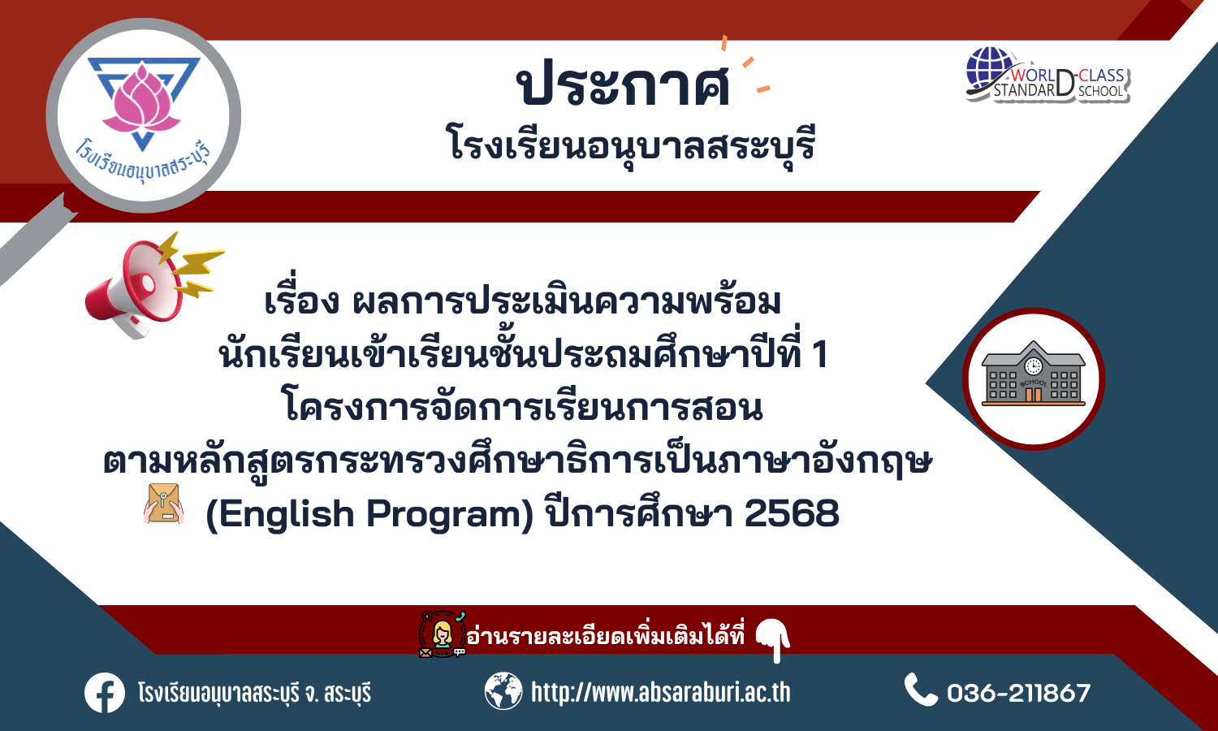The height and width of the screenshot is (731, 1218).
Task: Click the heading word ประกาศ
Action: pyautogui.click(x=623, y=83)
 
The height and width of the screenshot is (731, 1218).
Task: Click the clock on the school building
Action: pyautogui.click(x=1033, y=366)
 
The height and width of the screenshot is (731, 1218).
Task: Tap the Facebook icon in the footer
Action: pyautogui.click(x=105, y=693)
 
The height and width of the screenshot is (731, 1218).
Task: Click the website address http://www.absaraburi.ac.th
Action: pyautogui.click(x=661, y=692)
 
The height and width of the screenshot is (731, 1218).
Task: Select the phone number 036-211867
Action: pyautogui.click(x=1018, y=693)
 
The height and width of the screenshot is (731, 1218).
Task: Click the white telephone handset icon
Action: pyautogui.click(x=920, y=690)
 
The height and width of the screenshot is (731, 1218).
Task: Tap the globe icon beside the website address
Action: pyautogui.click(x=503, y=691)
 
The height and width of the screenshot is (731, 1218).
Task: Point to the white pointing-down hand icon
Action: pyautogui.click(x=774, y=640)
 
